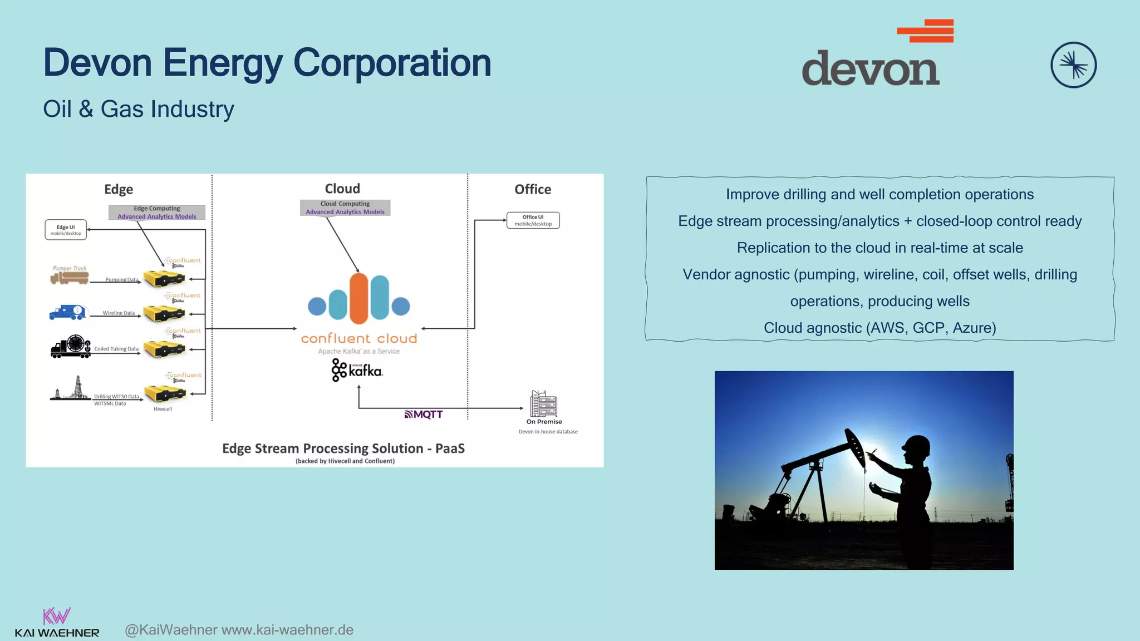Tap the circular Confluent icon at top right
[x=1073, y=65]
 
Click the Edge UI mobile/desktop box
[x=66, y=230]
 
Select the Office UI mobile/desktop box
[x=533, y=220]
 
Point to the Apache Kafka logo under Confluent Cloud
[x=357, y=370]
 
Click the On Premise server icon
[x=544, y=404]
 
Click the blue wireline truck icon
[x=68, y=312]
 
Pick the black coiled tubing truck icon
[x=71, y=347]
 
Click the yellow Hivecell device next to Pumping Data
[x=164, y=278]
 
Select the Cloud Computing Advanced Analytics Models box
[x=345, y=208]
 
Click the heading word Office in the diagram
[x=533, y=189]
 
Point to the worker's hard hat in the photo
[x=916, y=446]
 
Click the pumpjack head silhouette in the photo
[x=855, y=446]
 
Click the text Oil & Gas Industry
[x=139, y=109]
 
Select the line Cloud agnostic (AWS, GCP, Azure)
[x=879, y=328]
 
